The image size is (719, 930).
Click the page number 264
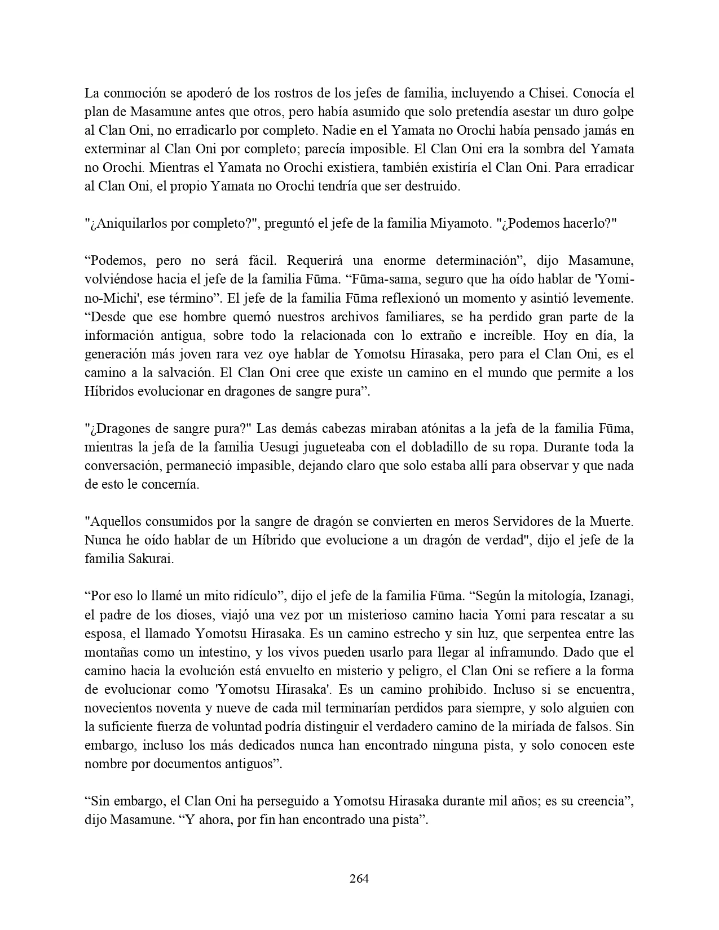pos(359,878)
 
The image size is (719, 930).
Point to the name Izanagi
pos(610,596)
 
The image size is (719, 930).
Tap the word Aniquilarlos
pos(128,224)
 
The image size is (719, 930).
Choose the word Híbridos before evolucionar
pos(109,392)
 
